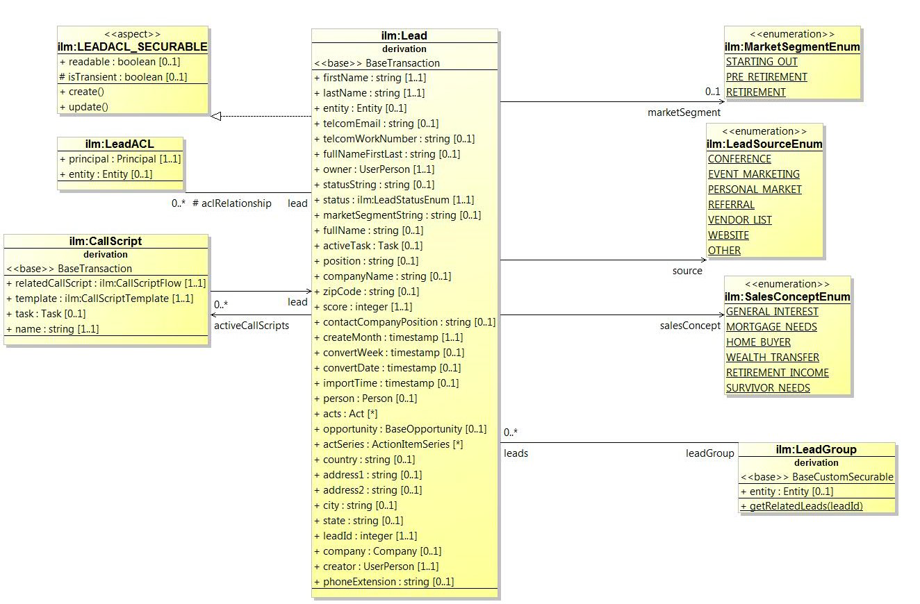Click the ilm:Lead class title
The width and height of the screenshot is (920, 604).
coord(404,36)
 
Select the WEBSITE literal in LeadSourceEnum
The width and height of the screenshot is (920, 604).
coord(728,235)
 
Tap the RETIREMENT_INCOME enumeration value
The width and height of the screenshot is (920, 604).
coord(777,373)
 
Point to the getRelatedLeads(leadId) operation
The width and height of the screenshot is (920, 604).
coord(802,506)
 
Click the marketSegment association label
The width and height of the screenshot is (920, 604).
coord(684,112)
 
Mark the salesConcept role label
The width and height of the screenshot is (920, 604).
coord(690,325)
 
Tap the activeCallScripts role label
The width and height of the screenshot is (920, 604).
coord(251,325)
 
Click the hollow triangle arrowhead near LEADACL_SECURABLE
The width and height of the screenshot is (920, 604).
coord(215,116)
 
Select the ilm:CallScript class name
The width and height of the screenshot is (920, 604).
coord(106,242)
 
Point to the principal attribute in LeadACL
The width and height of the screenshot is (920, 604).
coord(120,159)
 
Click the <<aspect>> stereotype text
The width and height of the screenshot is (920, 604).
coord(132,33)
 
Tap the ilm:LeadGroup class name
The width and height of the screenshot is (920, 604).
coord(816,450)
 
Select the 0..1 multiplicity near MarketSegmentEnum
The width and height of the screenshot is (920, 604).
coord(712,92)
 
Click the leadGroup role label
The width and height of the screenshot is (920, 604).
coord(709,453)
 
